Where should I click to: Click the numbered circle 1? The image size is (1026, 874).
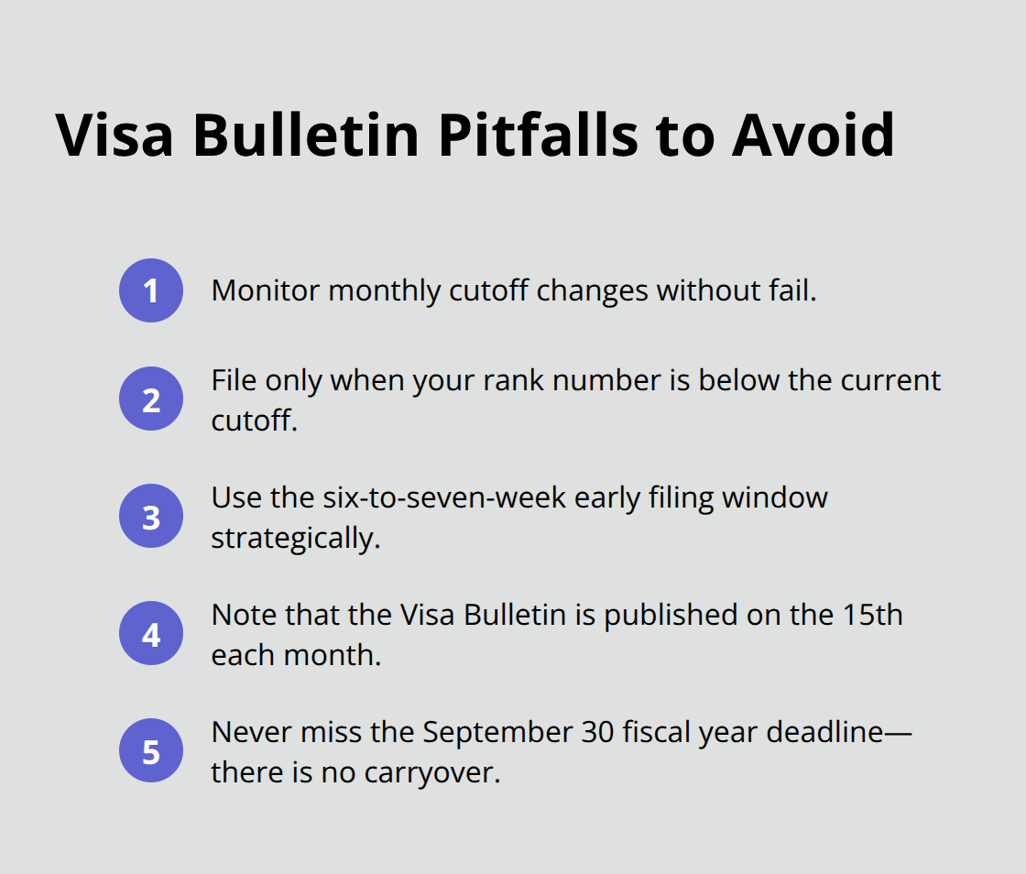point(151,290)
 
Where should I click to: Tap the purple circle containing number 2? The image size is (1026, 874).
point(151,399)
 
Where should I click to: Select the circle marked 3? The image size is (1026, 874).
point(151,517)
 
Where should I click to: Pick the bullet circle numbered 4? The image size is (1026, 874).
point(151,634)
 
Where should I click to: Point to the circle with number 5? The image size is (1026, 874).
point(151,751)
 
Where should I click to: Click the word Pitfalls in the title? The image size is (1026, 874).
point(536,136)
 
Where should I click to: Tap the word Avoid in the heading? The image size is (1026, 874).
point(813,136)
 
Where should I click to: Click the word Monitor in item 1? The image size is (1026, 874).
point(266,290)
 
